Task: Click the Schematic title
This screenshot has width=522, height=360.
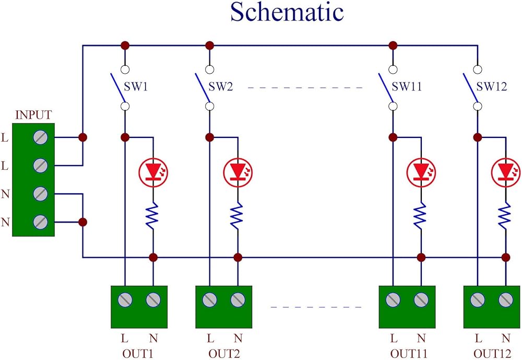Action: (x=287, y=13)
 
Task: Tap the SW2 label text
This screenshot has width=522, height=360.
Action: (x=221, y=87)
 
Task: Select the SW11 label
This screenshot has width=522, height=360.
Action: (x=407, y=87)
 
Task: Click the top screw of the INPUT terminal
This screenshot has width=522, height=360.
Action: (x=41, y=138)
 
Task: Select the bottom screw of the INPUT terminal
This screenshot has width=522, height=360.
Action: (x=41, y=222)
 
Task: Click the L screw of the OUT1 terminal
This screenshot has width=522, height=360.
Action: (x=125, y=299)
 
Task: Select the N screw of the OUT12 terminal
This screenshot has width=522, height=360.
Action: (x=505, y=299)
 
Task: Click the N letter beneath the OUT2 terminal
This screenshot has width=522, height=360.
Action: (x=238, y=338)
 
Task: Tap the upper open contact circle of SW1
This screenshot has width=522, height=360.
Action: (x=125, y=69)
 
